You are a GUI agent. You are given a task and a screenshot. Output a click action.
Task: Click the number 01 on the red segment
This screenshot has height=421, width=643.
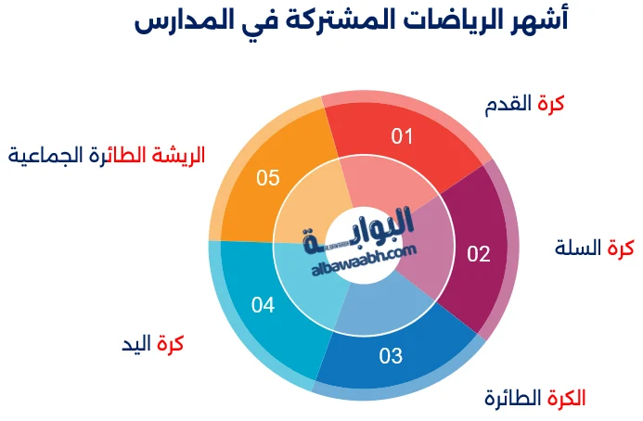click(401, 137)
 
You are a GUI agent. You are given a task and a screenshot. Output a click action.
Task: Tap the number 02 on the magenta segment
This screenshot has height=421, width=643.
click(478, 253)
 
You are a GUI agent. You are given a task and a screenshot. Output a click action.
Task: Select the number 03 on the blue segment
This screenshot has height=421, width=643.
click(391, 354)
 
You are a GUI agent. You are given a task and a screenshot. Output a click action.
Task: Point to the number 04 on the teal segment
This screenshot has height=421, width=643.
click(264, 304)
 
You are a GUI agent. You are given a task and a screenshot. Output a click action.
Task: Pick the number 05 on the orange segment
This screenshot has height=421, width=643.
click(268, 177)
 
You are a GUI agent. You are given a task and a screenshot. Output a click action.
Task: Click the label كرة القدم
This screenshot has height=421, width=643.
click(524, 104)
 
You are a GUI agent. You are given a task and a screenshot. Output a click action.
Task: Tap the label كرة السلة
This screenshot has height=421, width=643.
click(594, 248)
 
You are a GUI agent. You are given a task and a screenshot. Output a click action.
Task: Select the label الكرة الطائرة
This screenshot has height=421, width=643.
click(535, 399)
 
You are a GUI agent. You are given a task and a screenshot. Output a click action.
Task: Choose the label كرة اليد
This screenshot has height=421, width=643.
click(153, 343)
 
